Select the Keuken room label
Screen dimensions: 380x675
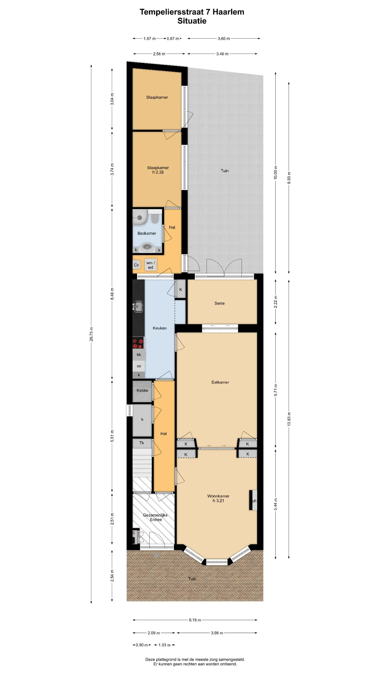159,328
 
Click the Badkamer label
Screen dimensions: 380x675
147,233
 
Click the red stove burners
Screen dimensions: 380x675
138,344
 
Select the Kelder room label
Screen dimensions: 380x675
142,390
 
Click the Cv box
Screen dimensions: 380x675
136,265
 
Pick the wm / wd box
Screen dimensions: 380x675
151,265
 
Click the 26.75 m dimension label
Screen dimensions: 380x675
91,334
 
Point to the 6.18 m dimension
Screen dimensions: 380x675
195,620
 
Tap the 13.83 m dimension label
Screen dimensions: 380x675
289,419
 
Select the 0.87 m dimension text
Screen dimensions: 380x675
173,38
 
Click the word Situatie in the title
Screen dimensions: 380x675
192,21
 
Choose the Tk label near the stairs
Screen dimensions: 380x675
142,443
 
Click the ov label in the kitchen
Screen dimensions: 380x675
139,366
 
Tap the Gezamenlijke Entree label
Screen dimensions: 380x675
155,517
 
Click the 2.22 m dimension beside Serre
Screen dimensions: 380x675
276,302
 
